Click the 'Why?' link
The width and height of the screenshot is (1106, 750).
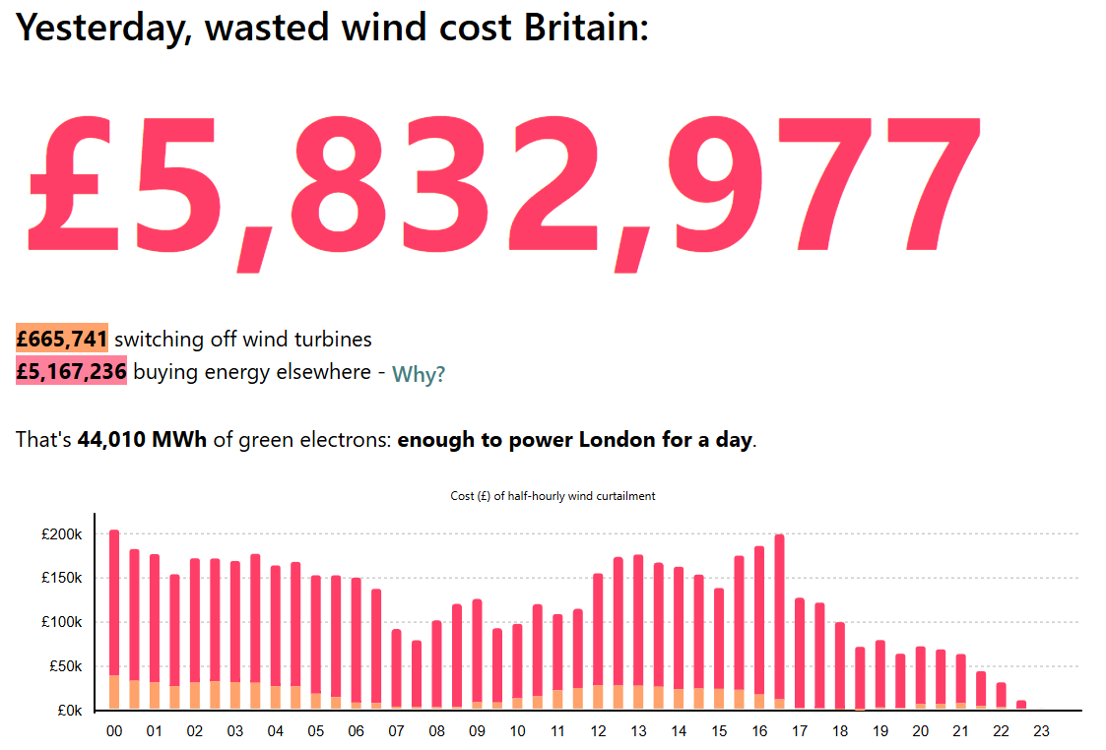[x=419, y=375]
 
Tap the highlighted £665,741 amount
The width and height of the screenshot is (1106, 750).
[x=62, y=340]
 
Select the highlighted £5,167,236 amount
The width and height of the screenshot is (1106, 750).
[x=71, y=372]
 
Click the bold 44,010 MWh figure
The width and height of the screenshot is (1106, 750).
[x=142, y=440]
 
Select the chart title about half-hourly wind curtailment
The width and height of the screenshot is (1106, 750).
[x=553, y=496]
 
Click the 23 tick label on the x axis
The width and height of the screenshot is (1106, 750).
[x=1042, y=732]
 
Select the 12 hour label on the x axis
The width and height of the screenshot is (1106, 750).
[x=598, y=732]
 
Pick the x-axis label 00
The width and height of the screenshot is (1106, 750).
[x=114, y=732]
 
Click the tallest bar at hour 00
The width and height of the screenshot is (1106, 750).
[x=114, y=610]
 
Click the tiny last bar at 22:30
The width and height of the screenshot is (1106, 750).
[x=1021, y=705]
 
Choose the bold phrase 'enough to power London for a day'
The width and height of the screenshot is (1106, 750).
[x=574, y=440]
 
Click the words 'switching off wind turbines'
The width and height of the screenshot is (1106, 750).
[x=243, y=340]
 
